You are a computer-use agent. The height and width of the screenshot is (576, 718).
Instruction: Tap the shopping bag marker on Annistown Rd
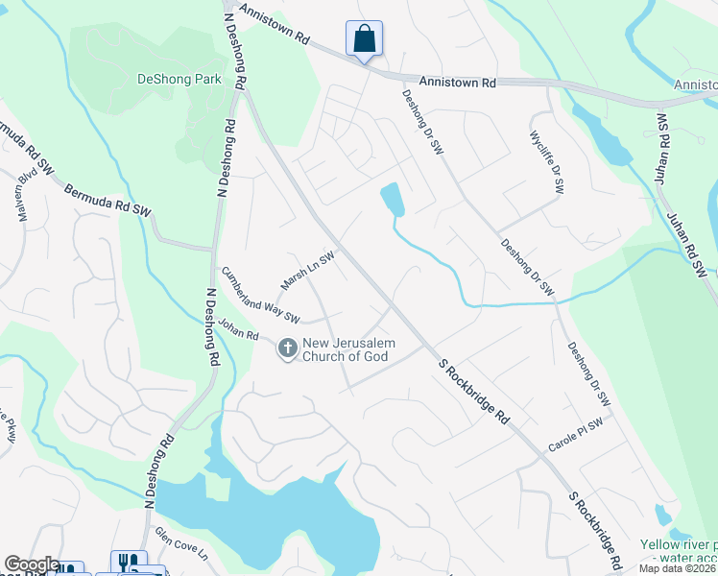point(364,40)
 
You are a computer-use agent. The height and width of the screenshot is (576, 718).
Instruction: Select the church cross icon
point(287,349)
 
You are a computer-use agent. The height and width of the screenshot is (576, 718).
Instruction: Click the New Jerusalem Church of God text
point(347,350)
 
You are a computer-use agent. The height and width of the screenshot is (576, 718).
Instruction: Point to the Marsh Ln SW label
point(307,271)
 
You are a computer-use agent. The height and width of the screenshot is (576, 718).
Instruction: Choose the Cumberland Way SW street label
point(260,295)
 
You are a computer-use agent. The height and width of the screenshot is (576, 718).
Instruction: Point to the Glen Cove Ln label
point(181,543)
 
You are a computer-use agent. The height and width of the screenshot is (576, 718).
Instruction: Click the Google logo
point(32,564)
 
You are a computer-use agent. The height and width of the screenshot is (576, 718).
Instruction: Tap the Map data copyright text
point(676,568)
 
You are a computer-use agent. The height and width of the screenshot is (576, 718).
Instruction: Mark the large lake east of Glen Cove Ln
point(278,518)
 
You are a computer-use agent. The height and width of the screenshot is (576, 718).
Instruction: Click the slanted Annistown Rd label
point(275,26)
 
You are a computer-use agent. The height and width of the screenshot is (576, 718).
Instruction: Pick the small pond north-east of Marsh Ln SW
point(393,199)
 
